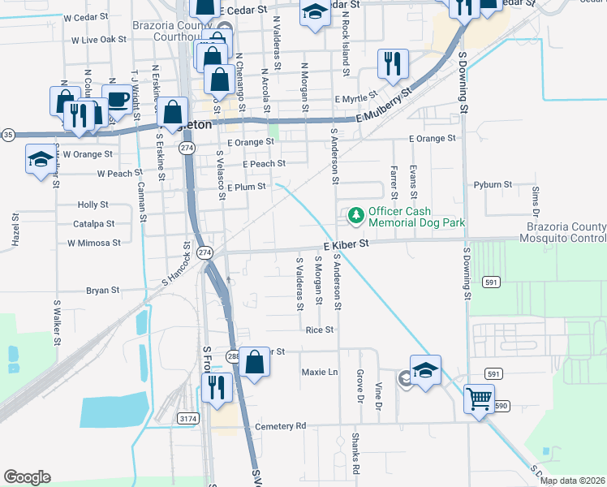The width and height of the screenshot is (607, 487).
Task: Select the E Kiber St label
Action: [347, 243]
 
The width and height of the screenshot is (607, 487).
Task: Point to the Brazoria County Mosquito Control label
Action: [565, 232]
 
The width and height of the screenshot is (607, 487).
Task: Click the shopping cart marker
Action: [480, 399]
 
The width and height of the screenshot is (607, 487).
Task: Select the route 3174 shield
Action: [188, 418]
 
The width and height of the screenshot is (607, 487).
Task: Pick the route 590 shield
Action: [501, 405]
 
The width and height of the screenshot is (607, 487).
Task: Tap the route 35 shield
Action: [7, 135]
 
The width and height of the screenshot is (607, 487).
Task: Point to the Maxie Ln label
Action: [319, 373]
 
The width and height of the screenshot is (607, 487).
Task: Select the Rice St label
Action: [320, 330]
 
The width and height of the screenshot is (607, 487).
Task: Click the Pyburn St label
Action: [493, 185]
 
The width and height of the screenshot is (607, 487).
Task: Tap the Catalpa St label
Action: [93, 223]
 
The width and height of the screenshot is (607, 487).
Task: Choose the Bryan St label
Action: [103, 290]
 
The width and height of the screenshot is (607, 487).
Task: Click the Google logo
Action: [27, 477]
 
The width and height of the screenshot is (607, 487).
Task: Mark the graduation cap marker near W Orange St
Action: [39, 158]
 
